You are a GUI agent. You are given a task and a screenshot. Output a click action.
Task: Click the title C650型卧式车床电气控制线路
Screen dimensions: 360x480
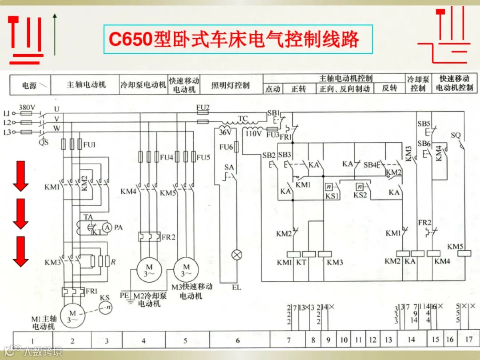[x=234, y=40]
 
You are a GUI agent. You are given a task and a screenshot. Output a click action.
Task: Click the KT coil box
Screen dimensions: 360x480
[x=309, y=254]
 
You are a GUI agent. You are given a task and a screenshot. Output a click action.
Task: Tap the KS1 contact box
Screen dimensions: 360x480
[x=329, y=187]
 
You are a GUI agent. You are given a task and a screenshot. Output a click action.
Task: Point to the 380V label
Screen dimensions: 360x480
[x=27, y=107]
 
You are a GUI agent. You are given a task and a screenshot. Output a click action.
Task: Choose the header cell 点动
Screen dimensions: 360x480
[x=272, y=89]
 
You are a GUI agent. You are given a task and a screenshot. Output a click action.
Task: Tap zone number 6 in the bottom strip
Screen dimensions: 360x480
[x=238, y=340]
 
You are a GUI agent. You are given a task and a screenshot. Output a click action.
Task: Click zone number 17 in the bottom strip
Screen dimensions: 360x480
[x=468, y=340]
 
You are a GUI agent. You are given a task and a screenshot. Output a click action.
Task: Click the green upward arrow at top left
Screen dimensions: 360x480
[x=55, y=33]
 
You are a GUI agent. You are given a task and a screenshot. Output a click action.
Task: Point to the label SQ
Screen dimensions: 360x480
[x=456, y=135]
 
